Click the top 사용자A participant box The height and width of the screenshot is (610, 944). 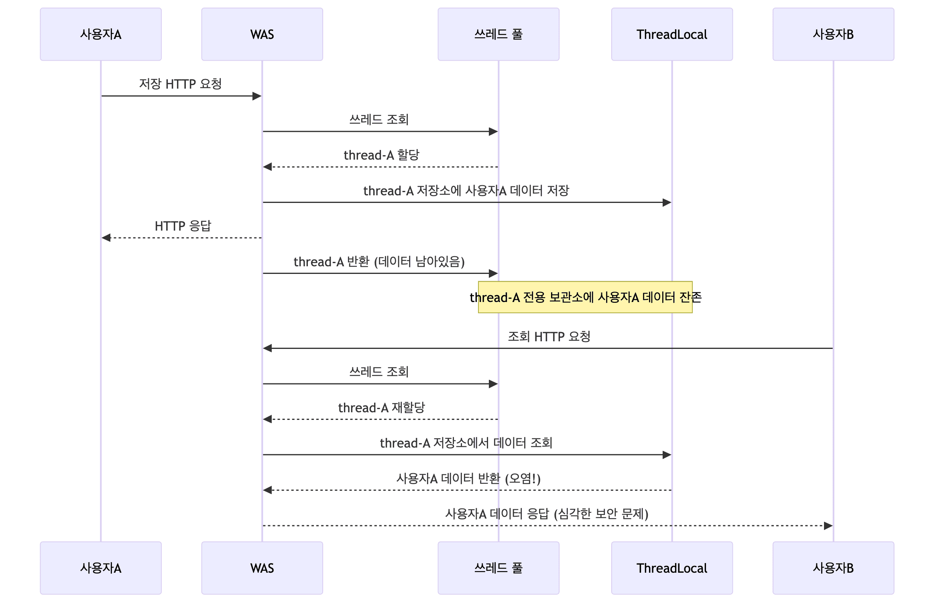[x=101, y=34]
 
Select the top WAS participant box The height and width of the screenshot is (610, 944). [x=262, y=34]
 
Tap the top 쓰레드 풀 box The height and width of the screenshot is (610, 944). [x=498, y=34]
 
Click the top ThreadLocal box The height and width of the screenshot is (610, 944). [x=672, y=34]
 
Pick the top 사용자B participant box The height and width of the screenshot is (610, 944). [x=833, y=34]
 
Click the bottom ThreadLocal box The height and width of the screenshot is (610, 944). [x=672, y=568]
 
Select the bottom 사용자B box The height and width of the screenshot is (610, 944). [x=833, y=568]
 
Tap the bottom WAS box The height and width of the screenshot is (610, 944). [x=262, y=568]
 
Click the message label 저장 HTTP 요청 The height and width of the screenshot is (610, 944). [x=181, y=84]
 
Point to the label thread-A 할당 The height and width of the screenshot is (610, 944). [x=381, y=155]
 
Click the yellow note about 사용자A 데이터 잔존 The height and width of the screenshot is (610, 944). [x=585, y=297]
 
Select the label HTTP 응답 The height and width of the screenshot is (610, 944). [x=183, y=226]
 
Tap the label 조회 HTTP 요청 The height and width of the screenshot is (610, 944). [x=549, y=337]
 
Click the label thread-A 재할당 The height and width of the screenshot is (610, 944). [x=381, y=408]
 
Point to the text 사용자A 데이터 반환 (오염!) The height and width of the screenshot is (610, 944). [x=468, y=479]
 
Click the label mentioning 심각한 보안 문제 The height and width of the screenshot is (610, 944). [x=547, y=514]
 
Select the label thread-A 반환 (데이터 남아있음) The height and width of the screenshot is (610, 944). [x=379, y=262]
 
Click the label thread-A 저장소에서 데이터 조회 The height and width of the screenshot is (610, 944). [x=466, y=443]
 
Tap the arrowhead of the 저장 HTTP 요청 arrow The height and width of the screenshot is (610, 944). [x=257, y=96]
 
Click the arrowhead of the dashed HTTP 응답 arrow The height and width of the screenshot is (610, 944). [x=106, y=238]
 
